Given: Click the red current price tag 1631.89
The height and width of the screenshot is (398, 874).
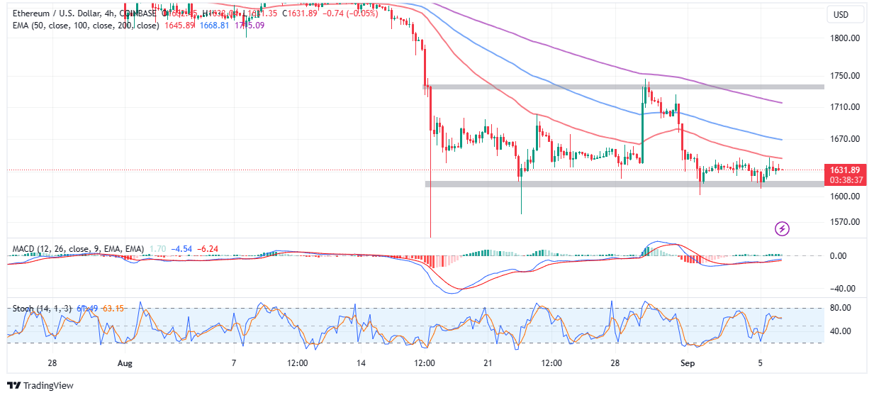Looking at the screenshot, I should (x=845, y=170).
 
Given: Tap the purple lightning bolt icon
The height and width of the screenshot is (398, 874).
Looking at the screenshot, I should (x=783, y=228).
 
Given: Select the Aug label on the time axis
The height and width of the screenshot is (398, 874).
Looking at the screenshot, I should (x=125, y=363).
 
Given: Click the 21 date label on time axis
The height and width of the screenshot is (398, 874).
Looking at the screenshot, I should (x=487, y=363).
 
